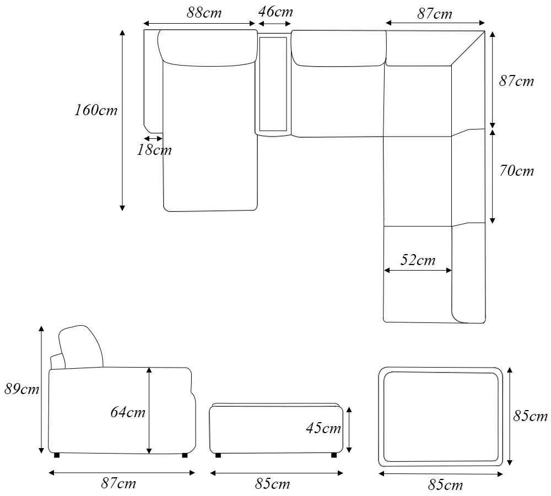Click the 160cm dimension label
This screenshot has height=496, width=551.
[96, 110]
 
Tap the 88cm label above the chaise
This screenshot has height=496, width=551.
[204, 13]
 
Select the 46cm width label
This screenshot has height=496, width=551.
[275, 12]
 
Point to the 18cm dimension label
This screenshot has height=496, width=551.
[154, 150]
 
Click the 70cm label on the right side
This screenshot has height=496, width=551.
[516, 171]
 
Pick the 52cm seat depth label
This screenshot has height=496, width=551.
[418, 260]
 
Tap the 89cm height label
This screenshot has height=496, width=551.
[21, 389]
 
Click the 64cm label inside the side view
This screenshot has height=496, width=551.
[128, 412]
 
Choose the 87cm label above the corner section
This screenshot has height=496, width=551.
[434, 14]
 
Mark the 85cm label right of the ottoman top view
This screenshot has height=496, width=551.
[531, 416]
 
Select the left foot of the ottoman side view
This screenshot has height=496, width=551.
[218, 455]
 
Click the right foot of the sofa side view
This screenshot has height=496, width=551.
[184, 455]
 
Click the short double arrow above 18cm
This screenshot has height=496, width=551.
[153, 138]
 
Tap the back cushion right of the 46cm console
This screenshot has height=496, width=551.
[338, 50]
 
